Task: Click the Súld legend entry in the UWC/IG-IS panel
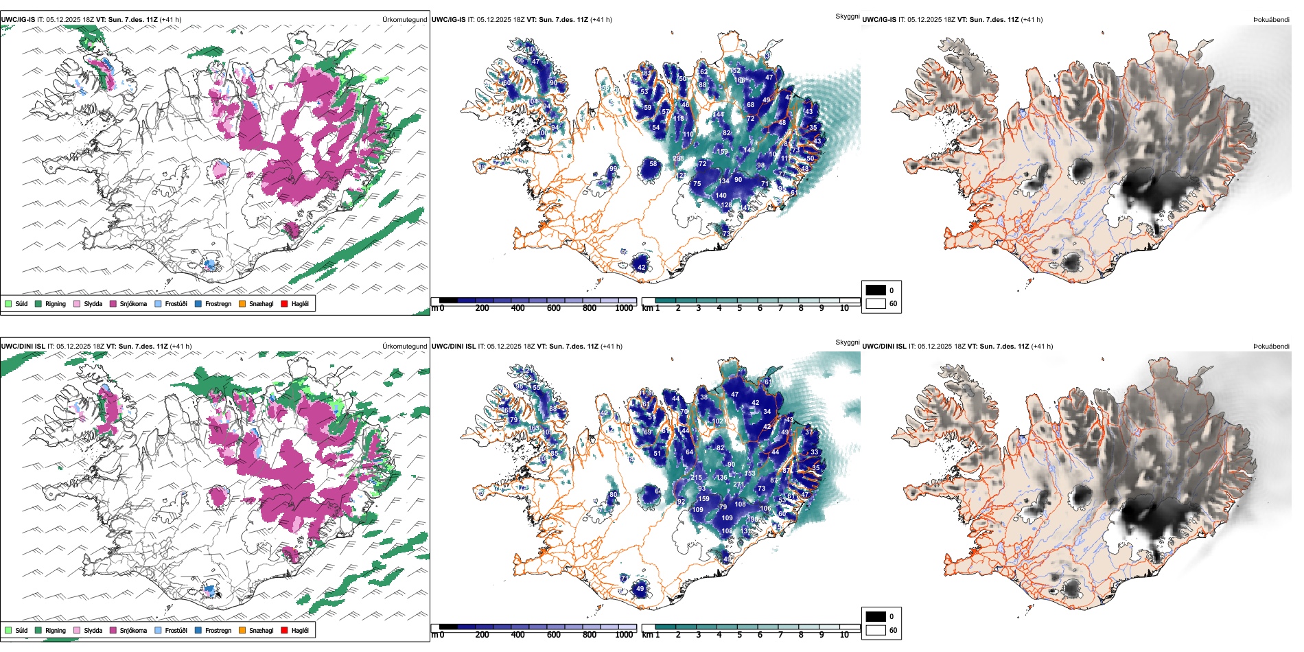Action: tap(16, 303)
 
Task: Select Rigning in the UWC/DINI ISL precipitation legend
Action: tap(51, 630)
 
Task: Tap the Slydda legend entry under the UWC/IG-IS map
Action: tap(88, 303)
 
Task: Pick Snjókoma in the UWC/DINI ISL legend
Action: tap(128, 630)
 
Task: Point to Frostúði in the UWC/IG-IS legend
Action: tap(171, 303)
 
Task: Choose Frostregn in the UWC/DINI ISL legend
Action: tap(213, 630)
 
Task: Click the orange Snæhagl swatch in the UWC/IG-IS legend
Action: tap(242, 303)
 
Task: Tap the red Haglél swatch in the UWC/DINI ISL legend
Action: tap(285, 630)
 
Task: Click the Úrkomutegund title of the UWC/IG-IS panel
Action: tap(404, 20)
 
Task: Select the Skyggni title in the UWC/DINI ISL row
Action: tap(847, 342)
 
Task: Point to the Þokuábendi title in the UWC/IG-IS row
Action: tap(1271, 20)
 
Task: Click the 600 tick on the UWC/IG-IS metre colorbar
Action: tap(554, 308)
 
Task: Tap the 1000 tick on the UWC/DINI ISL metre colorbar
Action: tap(624, 635)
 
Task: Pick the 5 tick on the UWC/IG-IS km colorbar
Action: tap(739, 308)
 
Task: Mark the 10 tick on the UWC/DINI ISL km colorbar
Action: tap(844, 635)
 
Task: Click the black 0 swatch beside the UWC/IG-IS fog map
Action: tap(876, 290)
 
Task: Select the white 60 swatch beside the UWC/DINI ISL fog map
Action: tap(876, 630)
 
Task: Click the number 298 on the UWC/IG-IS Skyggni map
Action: tap(678, 159)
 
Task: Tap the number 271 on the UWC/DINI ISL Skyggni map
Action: tap(738, 485)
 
